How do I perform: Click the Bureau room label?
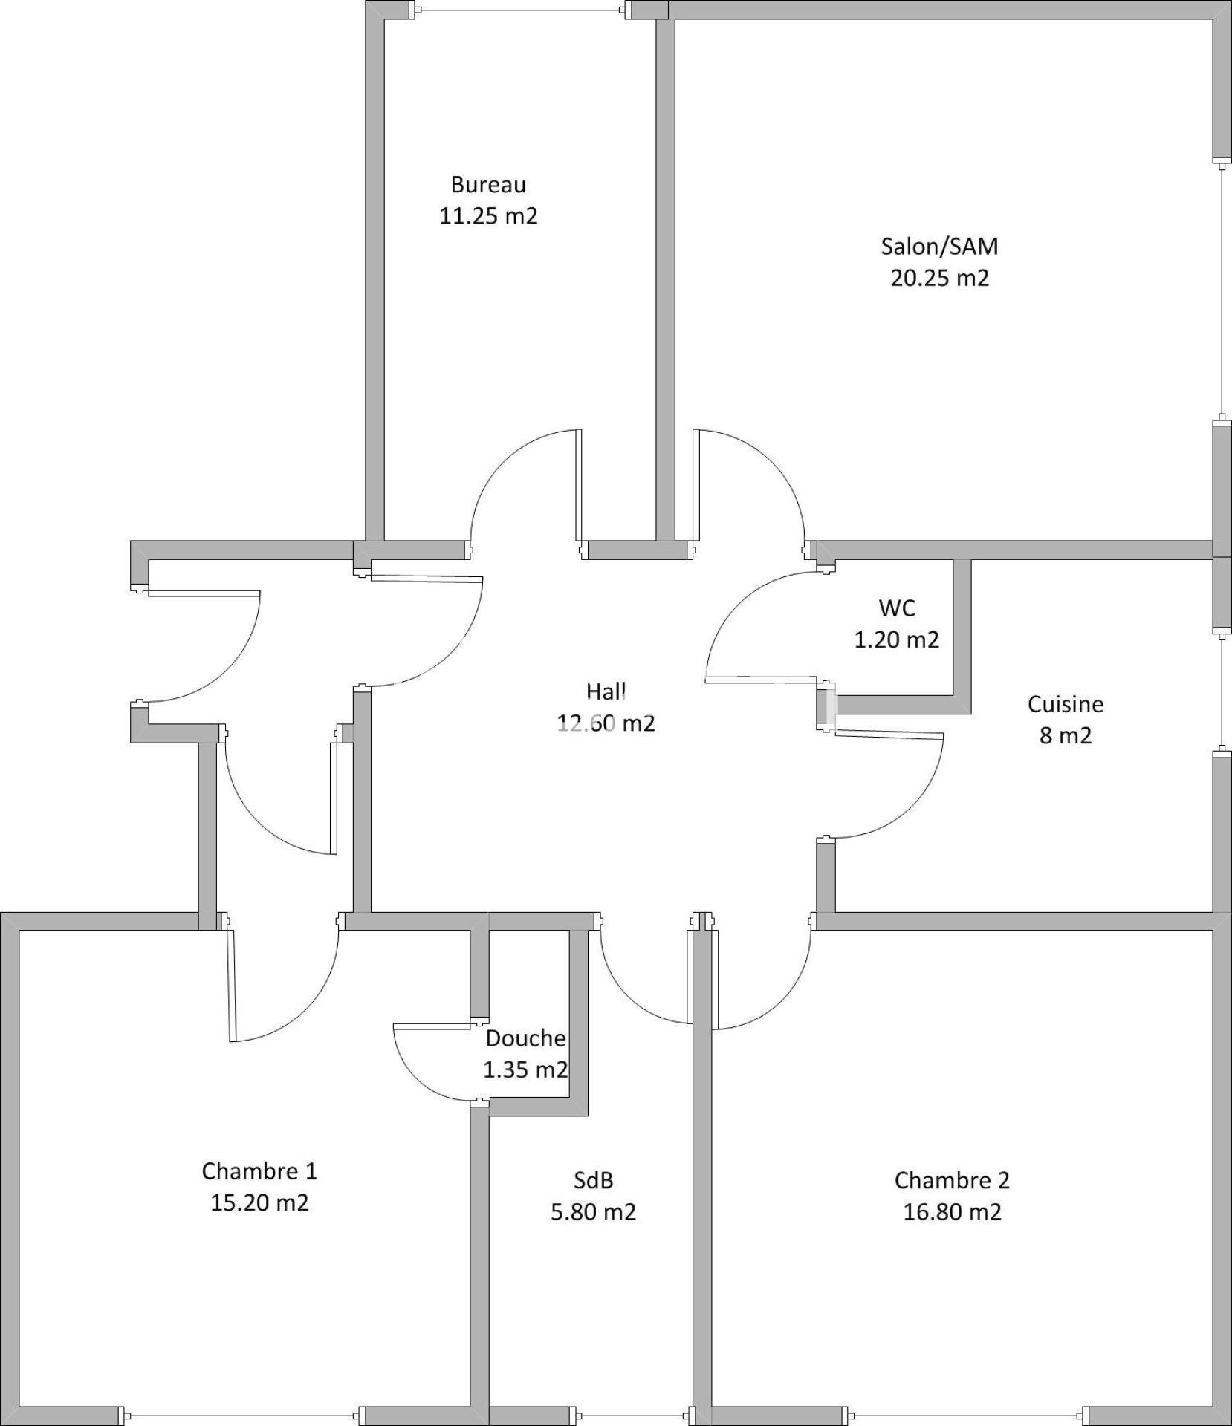pyautogui.click(x=488, y=184)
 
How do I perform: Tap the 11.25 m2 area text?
pyautogui.click(x=488, y=216)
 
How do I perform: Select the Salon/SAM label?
pyautogui.click(x=939, y=246)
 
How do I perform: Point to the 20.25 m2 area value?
pyautogui.click(x=940, y=278)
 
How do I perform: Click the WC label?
pyautogui.click(x=897, y=608)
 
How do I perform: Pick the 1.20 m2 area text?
pyautogui.click(x=896, y=639)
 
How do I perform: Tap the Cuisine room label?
pyautogui.click(x=1066, y=704)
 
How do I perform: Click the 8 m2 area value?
pyautogui.click(x=1066, y=735)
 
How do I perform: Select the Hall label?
pyautogui.click(x=606, y=691)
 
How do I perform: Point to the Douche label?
pyautogui.click(x=525, y=1038)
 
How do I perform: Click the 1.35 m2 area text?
pyautogui.click(x=525, y=1069)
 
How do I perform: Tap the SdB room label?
pyautogui.click(x=593, y=1180)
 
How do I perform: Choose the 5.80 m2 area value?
pyautogui.click(x=593, y=1212)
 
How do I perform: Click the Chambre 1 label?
pyautogui.click(x=259, y=1171)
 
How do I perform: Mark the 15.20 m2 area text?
pyautogui.click(x=259, y=1202)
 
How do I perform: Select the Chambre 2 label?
pyautogui.click(x=952, y=1180)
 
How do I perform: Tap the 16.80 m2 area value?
pyautogui.click(x=952, y=1212)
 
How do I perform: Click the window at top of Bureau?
pyautogui.click(x=522, y=10)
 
